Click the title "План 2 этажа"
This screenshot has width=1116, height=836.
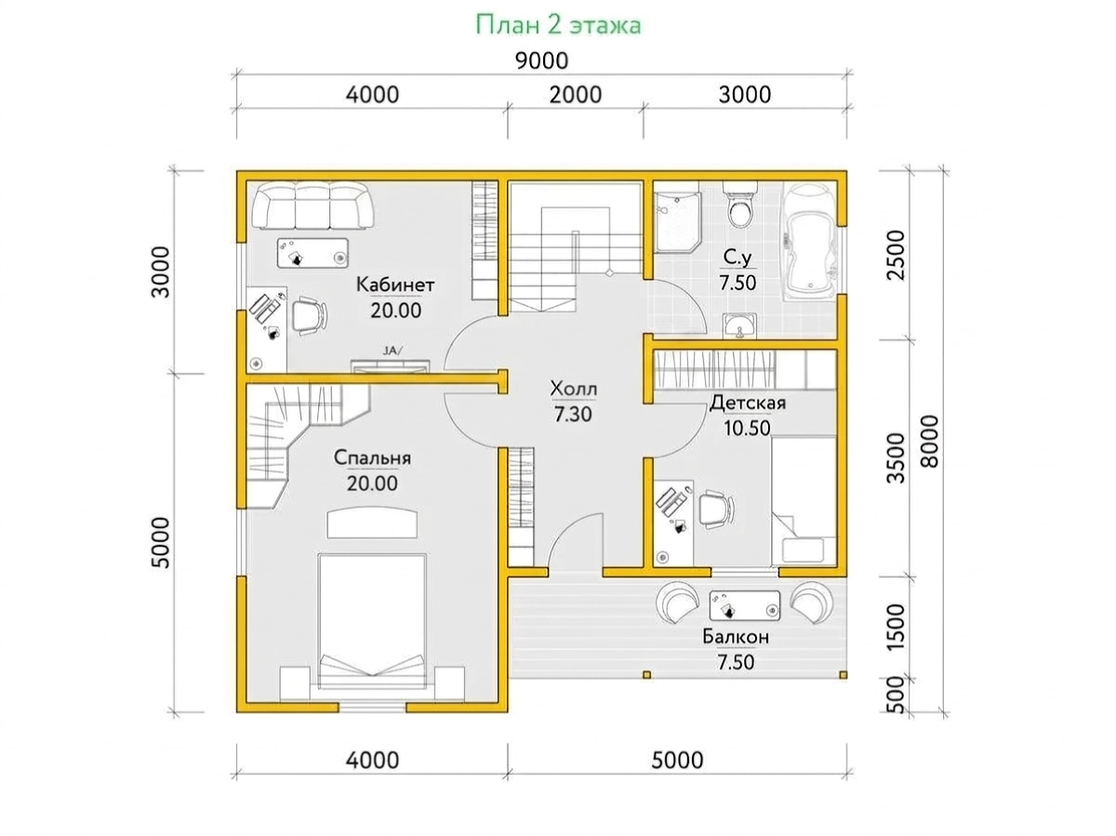point(558,25)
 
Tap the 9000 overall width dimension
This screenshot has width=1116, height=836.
point(541,61)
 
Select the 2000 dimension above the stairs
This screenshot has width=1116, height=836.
point(575,95)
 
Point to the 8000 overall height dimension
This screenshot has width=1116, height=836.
point(930,441)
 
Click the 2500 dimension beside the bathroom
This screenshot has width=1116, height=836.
point(896,255)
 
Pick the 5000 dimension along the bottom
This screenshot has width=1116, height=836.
point(677,760)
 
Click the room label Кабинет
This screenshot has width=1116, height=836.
point(395,285)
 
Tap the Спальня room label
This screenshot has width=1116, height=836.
point(372,458)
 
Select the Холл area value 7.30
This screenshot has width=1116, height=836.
point(573,415)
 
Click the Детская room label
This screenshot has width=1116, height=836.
point(747,403)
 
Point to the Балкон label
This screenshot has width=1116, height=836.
point(736,637)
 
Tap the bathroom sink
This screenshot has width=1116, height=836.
point(739,325)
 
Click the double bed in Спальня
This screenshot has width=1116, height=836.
point(372,620)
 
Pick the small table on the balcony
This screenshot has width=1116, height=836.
point(744,605)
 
